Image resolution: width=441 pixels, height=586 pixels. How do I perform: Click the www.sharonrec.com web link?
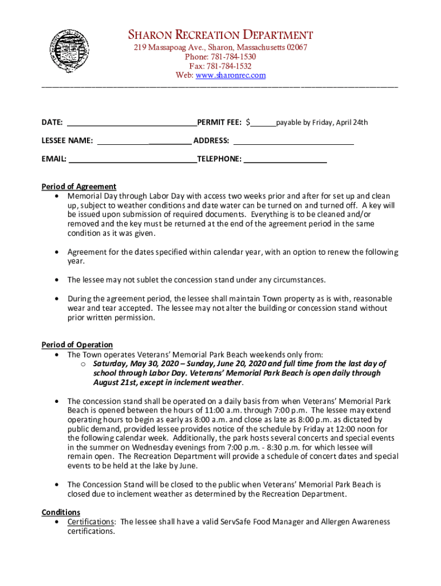click(x=231, y=76)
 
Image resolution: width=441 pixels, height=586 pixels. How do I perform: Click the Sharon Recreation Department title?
click(x=220, y=35)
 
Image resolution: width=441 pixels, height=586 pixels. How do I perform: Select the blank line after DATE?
click(x=132, y=123)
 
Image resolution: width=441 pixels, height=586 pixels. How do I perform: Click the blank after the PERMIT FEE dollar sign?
click(x=263, y=123)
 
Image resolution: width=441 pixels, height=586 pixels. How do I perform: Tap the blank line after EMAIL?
click(x=132, y=159)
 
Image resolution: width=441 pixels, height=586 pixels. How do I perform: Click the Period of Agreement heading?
click(x=79, y=187)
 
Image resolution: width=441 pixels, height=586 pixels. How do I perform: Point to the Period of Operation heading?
click(x=77, y=345)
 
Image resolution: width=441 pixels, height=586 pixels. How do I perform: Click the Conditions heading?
click(x=61, y=512)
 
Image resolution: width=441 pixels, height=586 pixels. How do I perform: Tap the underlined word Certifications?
click(x=91, y=522)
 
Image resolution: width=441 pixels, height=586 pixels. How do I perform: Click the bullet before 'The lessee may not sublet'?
click(x=56, y=280)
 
